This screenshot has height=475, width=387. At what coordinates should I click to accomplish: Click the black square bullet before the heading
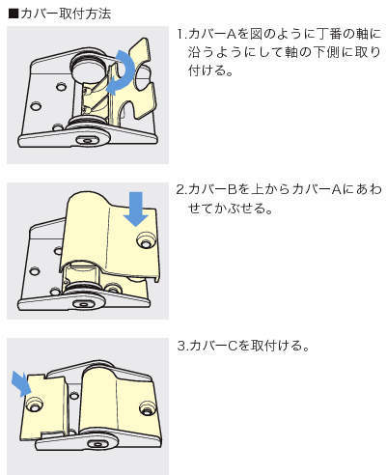coord(14,14)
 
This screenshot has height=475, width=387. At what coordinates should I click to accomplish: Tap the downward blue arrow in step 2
coord(136,209)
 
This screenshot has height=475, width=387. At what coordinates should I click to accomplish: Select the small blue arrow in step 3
coord(20,383)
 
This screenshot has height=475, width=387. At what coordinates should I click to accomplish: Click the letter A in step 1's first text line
coord(232,34)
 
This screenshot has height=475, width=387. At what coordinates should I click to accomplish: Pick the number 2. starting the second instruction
coord(182,189)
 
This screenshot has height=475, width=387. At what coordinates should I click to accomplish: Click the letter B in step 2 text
coord(232,189)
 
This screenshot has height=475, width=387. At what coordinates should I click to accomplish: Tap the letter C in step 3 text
coord(232,346)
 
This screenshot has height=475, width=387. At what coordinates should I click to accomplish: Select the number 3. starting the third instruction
coord(182,346)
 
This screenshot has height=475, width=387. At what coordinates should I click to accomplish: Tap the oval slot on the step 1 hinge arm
coord(87,140)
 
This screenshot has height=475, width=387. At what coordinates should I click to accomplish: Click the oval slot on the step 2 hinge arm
coord(83,304)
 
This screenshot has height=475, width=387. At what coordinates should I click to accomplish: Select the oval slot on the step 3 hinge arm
coord(97,445)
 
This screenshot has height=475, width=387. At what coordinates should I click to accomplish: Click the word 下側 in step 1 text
coord(325,52)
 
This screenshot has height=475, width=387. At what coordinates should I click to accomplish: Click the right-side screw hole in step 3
coord(147,408)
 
